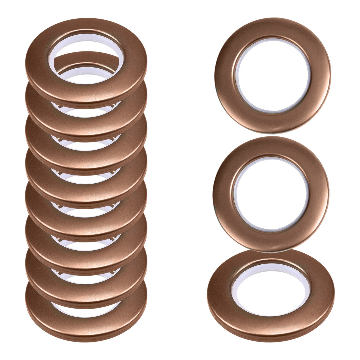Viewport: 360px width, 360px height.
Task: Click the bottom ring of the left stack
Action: [x=86, y=326]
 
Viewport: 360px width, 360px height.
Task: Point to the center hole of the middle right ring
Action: [x=271, y=194]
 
